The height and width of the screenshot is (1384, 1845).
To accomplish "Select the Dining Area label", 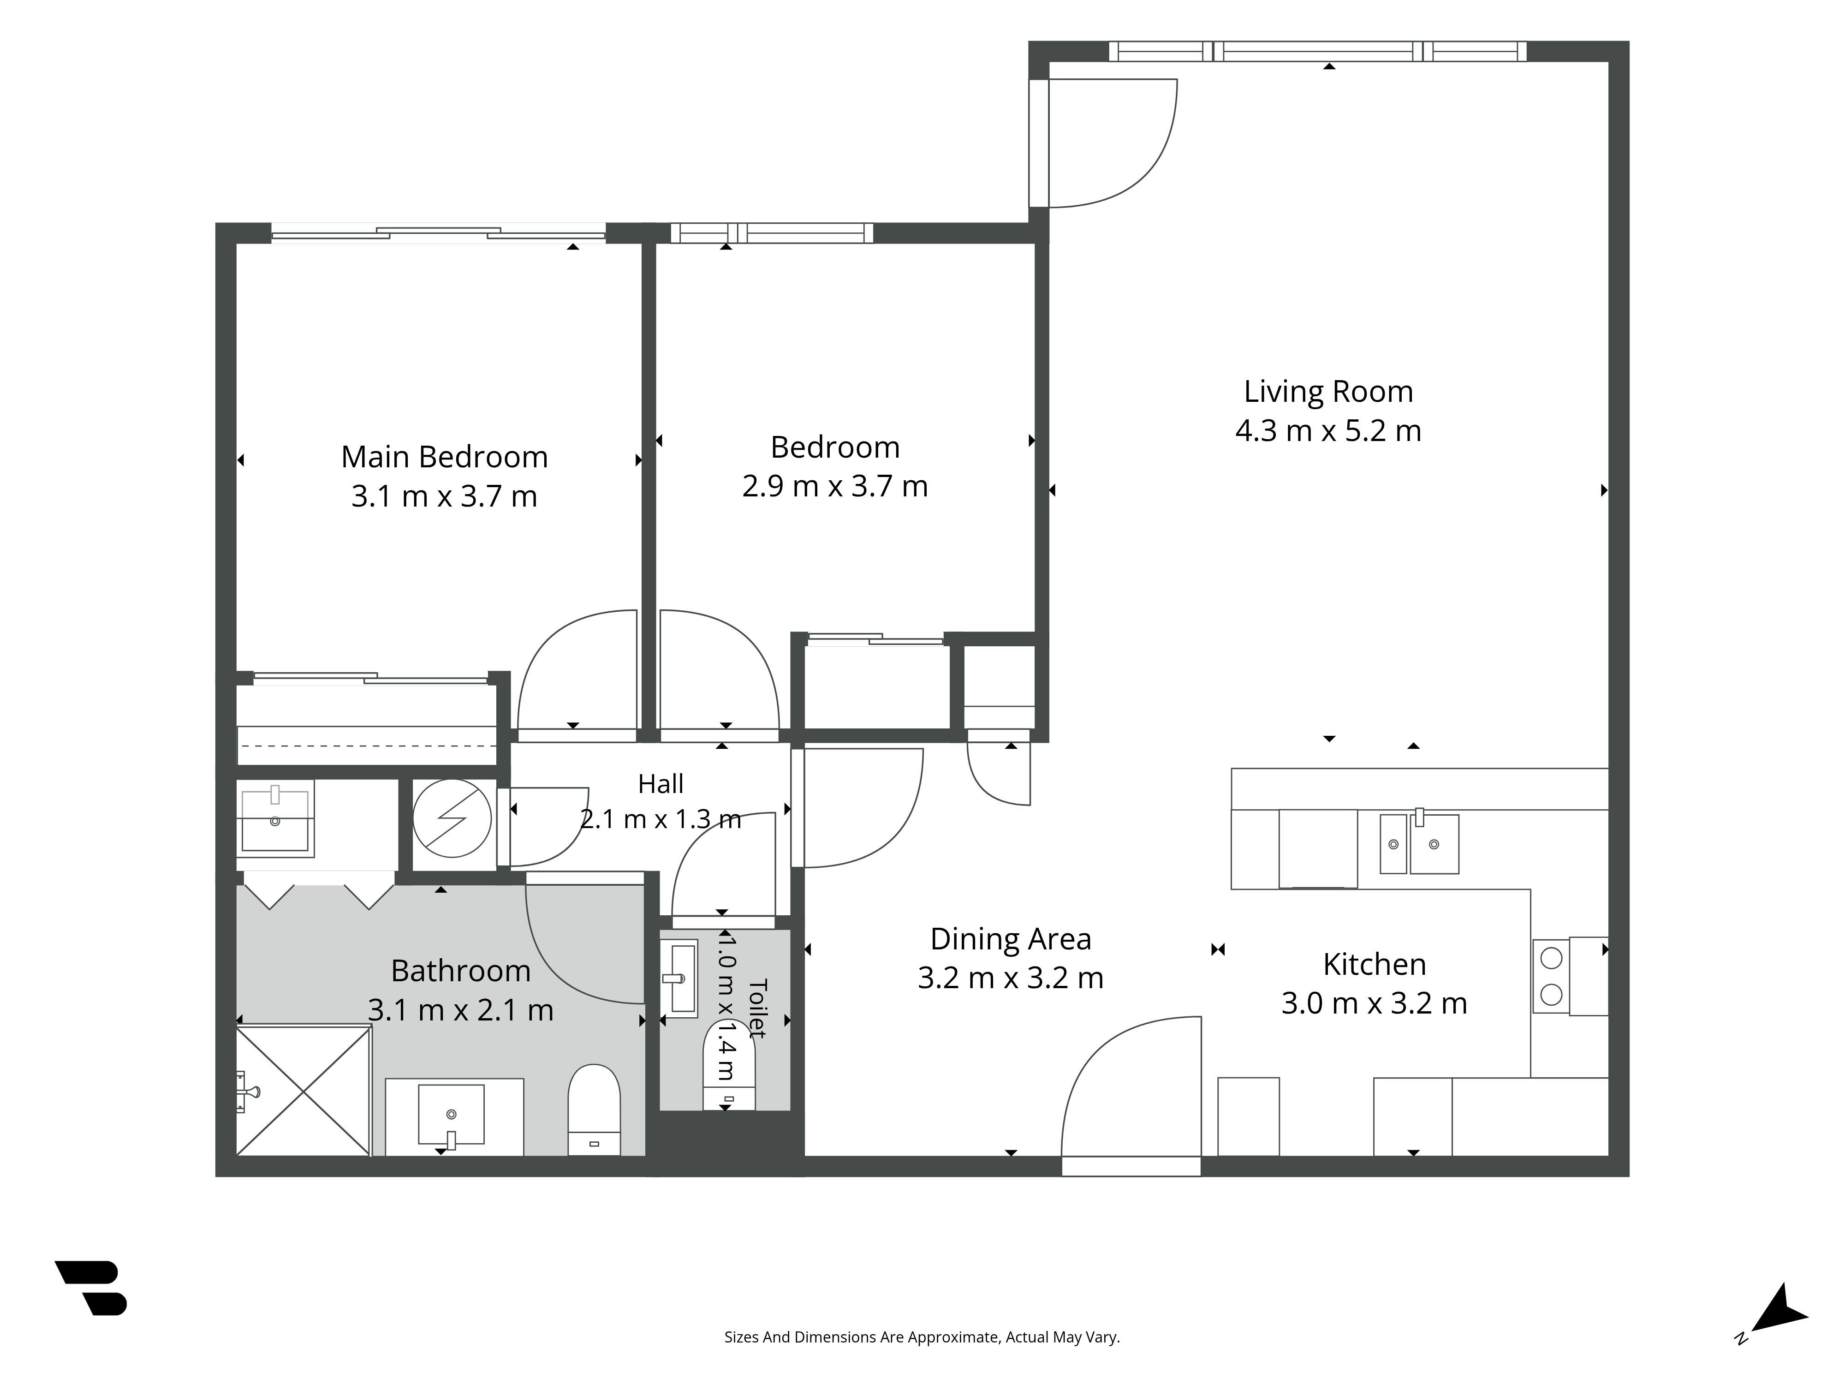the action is [1011, 939].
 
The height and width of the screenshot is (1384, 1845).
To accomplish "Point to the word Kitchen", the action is [1375, 964].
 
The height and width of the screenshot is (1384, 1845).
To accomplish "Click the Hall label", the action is [661, 784].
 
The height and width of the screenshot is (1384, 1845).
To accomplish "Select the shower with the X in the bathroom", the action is [304, 1091].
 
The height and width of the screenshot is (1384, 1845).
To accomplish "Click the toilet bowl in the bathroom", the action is [594, 1110].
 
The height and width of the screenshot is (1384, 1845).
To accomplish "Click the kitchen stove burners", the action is [1551, 976].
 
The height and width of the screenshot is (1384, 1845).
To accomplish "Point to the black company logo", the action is [92, 1287].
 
